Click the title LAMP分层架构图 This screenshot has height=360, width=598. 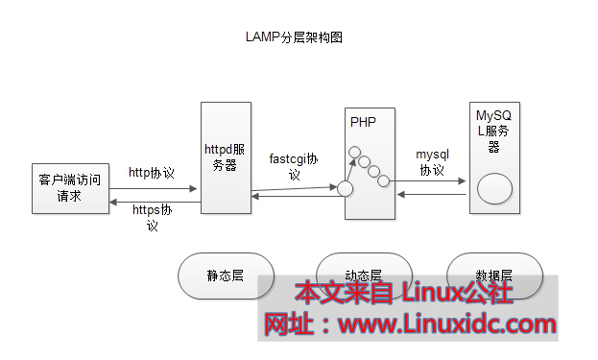click(x=295, y=38)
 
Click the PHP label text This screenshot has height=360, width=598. click(x=363, y=122)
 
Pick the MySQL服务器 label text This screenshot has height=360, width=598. click(x=495, y=131)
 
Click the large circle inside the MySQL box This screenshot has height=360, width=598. click(x=495, y=188)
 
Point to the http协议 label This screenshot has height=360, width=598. click(x=152, y=173)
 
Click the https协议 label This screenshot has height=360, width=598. click(x=152, y=216)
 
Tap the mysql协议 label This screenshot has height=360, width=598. click(x=432, y=161)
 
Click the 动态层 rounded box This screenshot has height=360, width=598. click(x=363, y=275)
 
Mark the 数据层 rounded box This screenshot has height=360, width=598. click(x=493, y=275)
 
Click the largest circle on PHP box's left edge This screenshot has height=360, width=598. click(x=346, y=189)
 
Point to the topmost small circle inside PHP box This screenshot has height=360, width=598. click(x=354, y=152)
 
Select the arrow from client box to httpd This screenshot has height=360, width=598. click(x=154, y=188)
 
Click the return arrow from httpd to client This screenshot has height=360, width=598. click(x=154, y=200)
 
